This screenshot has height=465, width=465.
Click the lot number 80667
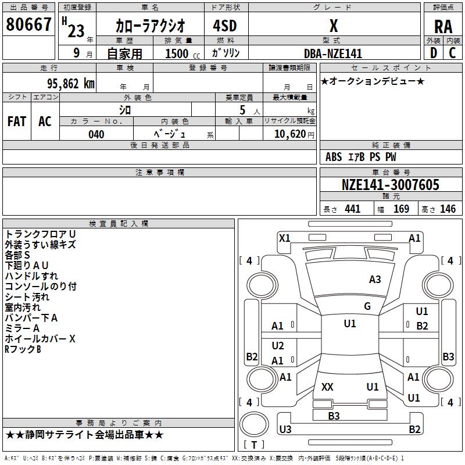[x=28, y=24]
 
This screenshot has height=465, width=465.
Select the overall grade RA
[x=443, y=26]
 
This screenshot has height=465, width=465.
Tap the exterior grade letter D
[x=433, y=52]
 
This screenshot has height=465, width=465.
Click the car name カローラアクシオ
[x=150, y=26]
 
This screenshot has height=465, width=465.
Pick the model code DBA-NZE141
[x=333, y=53]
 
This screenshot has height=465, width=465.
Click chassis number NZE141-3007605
[x=391, y=185]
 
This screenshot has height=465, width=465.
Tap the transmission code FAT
[x=16, y=121]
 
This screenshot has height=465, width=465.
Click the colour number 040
[x=96, y=134]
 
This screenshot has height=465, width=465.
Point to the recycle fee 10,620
[x=288, y=134]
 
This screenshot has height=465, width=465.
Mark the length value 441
[x=352, y=209]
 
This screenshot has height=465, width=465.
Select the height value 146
[x=448, y=209]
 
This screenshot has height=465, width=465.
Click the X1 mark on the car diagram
[x=284, y=238]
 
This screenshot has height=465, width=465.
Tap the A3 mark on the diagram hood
[x=375, y=280]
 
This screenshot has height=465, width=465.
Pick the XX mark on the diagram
[x=327, y=387]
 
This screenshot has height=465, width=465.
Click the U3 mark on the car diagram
[x=285, y=430]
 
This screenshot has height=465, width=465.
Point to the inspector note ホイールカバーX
[x=40, y=339]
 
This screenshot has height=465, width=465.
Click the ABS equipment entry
[x=334, y=157]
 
